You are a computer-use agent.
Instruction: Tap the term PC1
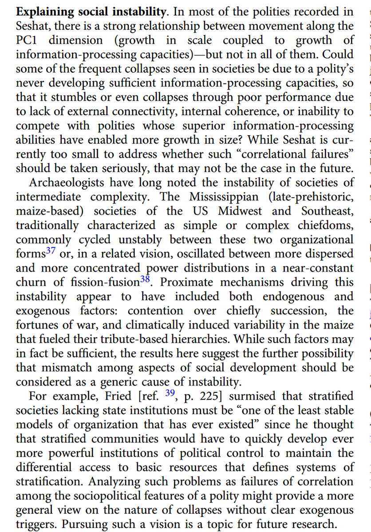26,41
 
